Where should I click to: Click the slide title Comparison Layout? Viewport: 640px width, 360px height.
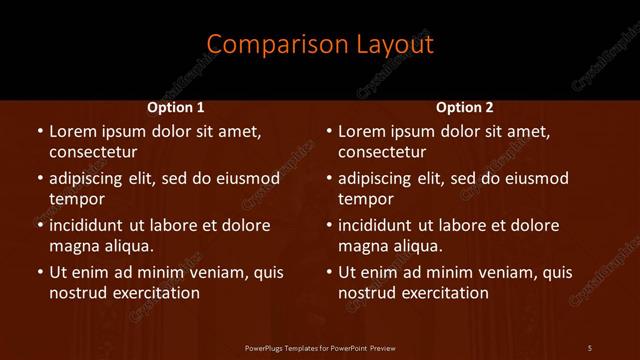(x=320, y=44)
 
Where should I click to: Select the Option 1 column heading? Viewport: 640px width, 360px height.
(x=176, y=107)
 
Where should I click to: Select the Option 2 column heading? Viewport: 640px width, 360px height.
(x=465, y=107)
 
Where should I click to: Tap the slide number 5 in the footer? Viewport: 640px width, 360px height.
(x=590, y=348)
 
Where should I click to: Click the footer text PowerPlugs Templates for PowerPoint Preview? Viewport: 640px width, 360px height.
(x=320, y=348)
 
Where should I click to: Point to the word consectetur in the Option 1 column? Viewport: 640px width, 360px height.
(x=93, y=152)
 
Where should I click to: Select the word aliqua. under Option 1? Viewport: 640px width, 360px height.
(x=128, y=246)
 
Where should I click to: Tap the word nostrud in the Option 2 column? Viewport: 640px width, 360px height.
(x=367, y=293)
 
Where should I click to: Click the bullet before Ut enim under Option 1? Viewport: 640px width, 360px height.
(x=39, y=272)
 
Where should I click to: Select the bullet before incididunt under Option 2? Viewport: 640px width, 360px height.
(x=329, y=225)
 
